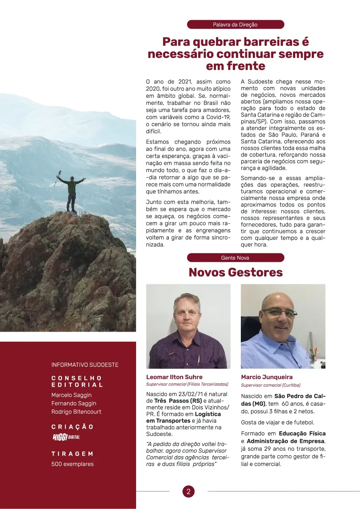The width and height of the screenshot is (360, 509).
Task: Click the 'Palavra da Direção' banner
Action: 235,24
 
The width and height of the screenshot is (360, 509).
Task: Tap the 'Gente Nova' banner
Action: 235,258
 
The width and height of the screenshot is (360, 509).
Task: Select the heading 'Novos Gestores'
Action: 235,272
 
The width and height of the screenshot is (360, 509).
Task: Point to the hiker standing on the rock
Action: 72,193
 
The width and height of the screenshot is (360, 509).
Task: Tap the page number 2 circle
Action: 188,491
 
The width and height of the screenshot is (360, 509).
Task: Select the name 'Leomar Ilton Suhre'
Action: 174,377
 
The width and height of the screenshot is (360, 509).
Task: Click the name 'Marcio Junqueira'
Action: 267,377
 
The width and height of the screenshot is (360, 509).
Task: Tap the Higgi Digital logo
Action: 66,437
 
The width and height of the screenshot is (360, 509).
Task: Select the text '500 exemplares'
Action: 72,464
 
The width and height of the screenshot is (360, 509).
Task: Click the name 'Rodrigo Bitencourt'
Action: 76,412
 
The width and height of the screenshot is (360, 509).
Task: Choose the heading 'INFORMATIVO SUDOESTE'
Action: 85,365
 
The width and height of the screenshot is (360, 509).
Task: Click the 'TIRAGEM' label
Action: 72,454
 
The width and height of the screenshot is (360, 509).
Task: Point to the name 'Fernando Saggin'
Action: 74,403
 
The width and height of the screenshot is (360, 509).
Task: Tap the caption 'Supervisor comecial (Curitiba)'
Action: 271,385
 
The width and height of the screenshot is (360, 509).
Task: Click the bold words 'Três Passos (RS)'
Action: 178,401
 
